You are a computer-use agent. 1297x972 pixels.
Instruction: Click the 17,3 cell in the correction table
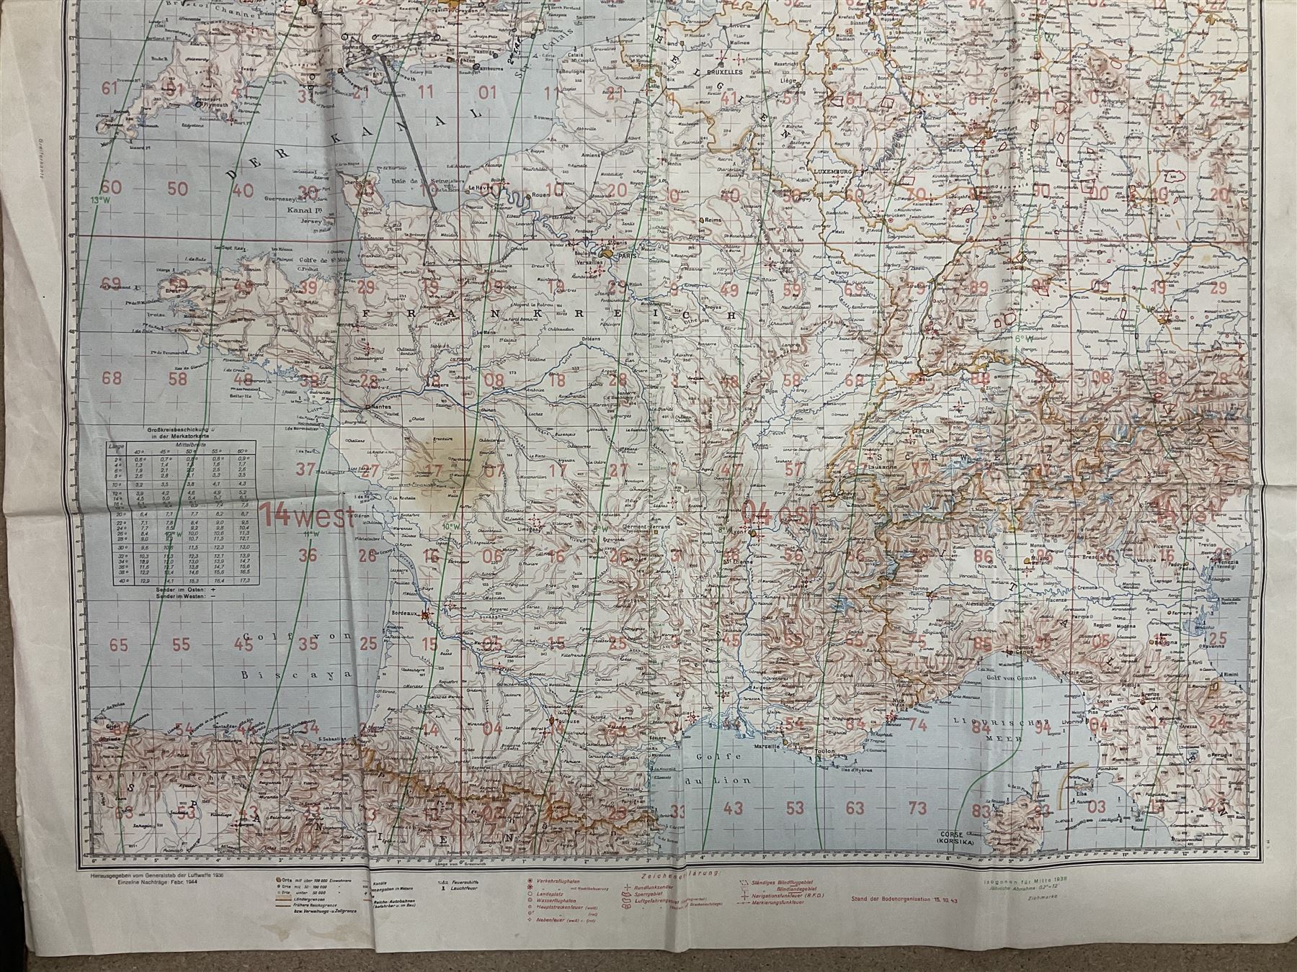(x=244, y=580)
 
